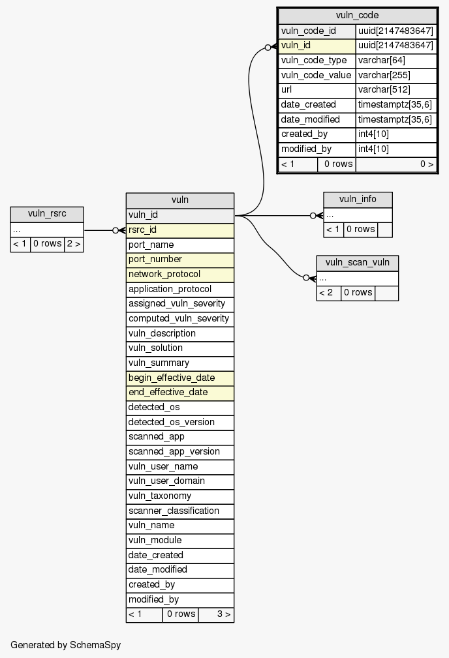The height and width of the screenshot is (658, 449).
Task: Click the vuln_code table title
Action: coord(357,16)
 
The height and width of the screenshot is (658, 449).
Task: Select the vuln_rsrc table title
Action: coord(46,215)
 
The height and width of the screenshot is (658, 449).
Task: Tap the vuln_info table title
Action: coord(358,200)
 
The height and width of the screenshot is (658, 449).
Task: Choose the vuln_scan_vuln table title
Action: coord(357,263)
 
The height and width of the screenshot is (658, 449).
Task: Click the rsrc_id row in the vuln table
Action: coord(179,230)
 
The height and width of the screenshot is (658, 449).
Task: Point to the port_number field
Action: coord(179,260)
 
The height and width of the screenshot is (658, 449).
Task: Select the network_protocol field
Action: coord(179,274)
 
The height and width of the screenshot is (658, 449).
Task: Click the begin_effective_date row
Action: coord(179,378)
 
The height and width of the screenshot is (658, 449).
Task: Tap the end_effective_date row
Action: coord(179,393)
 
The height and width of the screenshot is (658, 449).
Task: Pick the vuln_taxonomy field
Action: coord(179,496)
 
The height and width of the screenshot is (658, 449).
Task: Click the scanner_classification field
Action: coord(179,511)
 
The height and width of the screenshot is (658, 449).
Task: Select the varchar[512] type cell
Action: coord(395,90)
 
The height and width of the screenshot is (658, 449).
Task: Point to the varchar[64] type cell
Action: coord(395,61)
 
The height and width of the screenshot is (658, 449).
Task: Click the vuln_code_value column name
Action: coord(317,75)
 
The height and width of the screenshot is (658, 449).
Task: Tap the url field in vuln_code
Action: coord(317,90)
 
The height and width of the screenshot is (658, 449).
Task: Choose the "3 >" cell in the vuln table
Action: coord(216,614)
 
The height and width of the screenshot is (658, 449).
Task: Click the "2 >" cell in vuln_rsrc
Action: coord(74,244)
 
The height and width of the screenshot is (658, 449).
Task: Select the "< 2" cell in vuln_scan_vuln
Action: coord(328,293)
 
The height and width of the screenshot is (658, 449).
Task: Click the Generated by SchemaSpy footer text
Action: coord(66,645)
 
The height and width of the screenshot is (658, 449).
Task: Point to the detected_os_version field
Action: coord(179,422)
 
